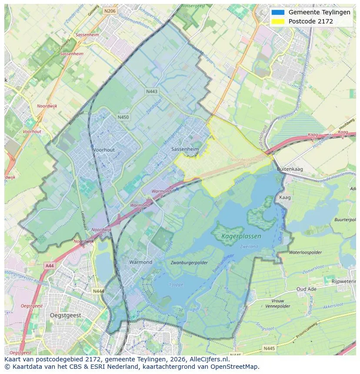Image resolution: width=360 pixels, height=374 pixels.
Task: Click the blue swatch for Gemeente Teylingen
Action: pos(277,13)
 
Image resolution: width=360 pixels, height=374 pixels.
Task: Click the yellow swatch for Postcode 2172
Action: pos(277,21)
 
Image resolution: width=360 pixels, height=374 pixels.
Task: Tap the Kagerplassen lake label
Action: pos(241,237)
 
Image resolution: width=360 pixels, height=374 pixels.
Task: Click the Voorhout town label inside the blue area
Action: pos(103,150)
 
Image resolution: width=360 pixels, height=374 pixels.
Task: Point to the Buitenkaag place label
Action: pos(290,169)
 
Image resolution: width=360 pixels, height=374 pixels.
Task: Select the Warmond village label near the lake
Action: pos(140,262)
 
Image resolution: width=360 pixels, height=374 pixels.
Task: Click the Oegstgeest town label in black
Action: pos(67,315)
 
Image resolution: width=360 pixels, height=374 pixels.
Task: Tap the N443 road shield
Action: pos(151,91)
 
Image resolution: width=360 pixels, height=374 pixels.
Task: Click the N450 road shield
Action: pos(123,117)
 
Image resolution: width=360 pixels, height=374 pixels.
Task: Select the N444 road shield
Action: pos(98,291)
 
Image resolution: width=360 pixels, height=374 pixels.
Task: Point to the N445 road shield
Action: pos(269,348)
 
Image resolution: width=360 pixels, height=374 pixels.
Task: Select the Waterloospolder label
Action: pos(305,252)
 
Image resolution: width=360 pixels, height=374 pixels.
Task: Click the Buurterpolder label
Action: pos(345,220)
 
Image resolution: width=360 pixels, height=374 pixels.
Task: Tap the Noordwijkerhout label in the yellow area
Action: pos(247,159)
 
